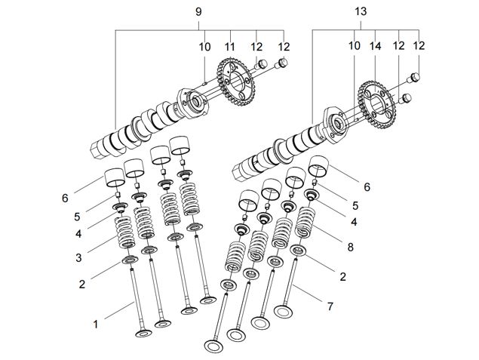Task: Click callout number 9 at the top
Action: [x=200, y=12]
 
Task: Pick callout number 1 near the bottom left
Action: [x=96, y=325]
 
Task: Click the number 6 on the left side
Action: [x=65, y=198]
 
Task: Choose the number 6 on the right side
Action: [x=367, y=187]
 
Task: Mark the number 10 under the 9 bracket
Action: [x=204, y=47]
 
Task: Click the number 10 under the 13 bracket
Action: [x=354, y=47]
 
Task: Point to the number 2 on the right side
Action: [x=342, y=277]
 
